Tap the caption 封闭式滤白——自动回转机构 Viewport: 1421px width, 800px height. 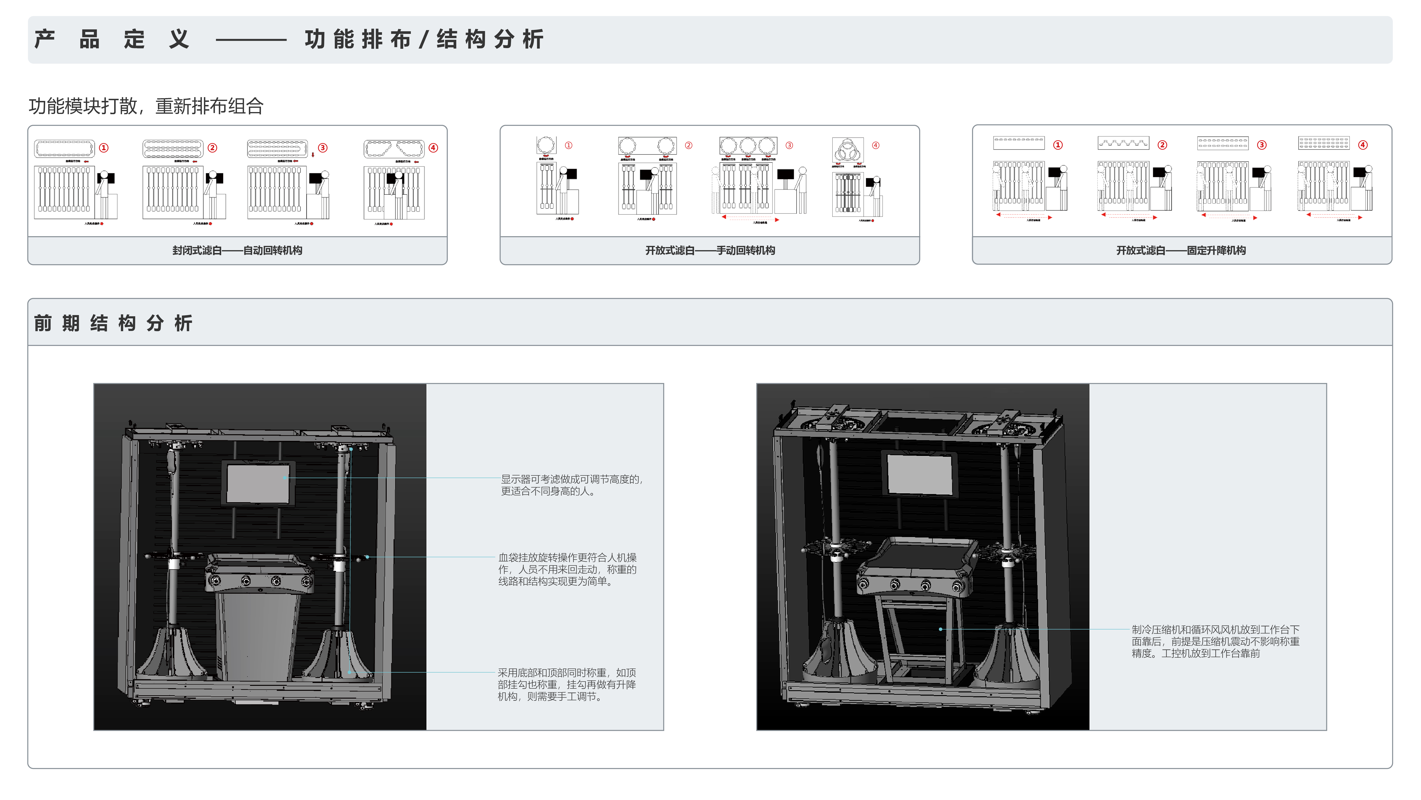(237, 250)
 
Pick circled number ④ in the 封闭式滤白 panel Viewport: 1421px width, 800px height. (433, 148)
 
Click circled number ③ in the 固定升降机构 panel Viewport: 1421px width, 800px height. (1262, 145)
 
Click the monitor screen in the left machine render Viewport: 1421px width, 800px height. (258, 483)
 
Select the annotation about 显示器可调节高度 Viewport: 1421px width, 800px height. (571, 485)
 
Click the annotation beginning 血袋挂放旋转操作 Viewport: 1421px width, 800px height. (567, 569)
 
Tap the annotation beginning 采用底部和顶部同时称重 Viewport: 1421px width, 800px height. (566, 684)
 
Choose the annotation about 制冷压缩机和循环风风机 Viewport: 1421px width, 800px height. (1215, 641)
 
